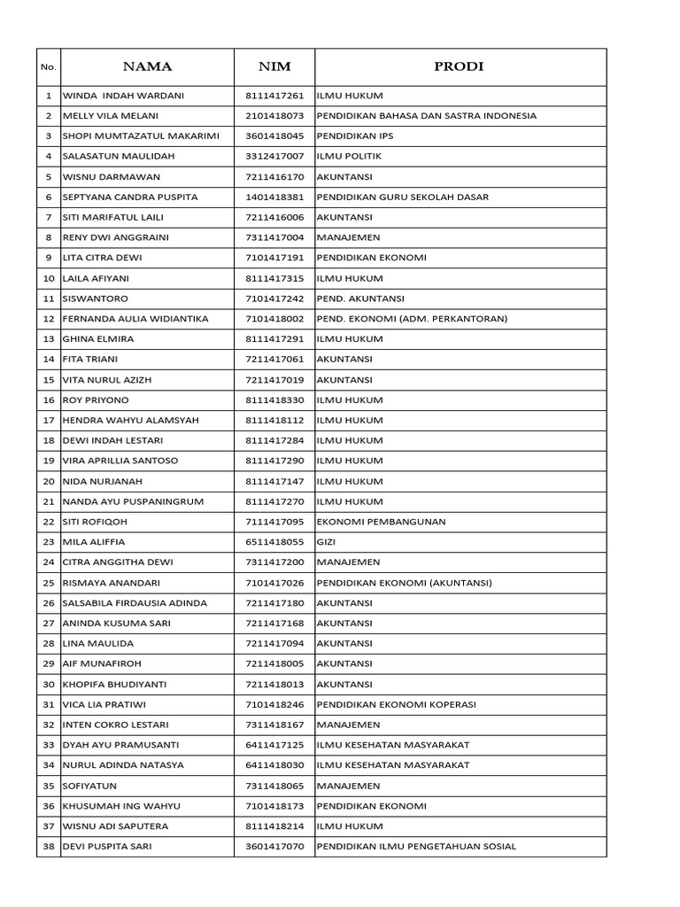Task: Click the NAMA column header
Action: pyautogui.click(x=147, y=66)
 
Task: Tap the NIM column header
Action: pyautogui.click(x=274, y=66)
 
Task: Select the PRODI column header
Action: pyautogui.click(x=460, y=66)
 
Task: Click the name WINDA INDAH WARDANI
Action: pyautogui.click(x=123, y=96)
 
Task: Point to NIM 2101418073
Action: pyautogui.click(x=274, y=116)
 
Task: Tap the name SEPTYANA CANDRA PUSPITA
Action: pyautogui.click(x=130, y=197)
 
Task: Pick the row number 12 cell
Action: pyautogui.click(x=49, y=319)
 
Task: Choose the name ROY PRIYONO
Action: pyautogui.click(x=96, y=400)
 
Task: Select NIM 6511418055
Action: pyautogui.click(x=274, y=542)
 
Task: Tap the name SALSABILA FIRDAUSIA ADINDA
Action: pyautogui.click(x=135, y=603)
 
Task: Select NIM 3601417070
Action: pyautogui.click(x=274, y=847)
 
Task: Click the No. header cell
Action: pyautogui.click(x=49, y=67)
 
